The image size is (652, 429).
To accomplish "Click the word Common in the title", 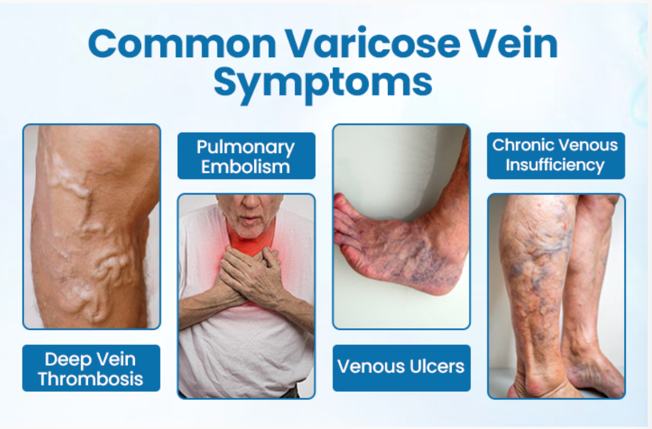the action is (182, 44).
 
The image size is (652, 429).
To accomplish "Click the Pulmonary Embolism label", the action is (246, 156).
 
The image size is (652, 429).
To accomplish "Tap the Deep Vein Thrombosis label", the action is (91, 368).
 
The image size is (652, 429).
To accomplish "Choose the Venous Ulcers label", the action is (401, 368).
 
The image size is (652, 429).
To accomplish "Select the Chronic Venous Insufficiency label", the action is (556, 156).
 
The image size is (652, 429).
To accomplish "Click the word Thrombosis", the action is (91, 379).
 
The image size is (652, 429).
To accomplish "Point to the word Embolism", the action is (246, 167).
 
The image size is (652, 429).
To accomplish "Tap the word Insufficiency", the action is (555, 165).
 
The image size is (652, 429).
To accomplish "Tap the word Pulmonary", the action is (246, 148).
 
